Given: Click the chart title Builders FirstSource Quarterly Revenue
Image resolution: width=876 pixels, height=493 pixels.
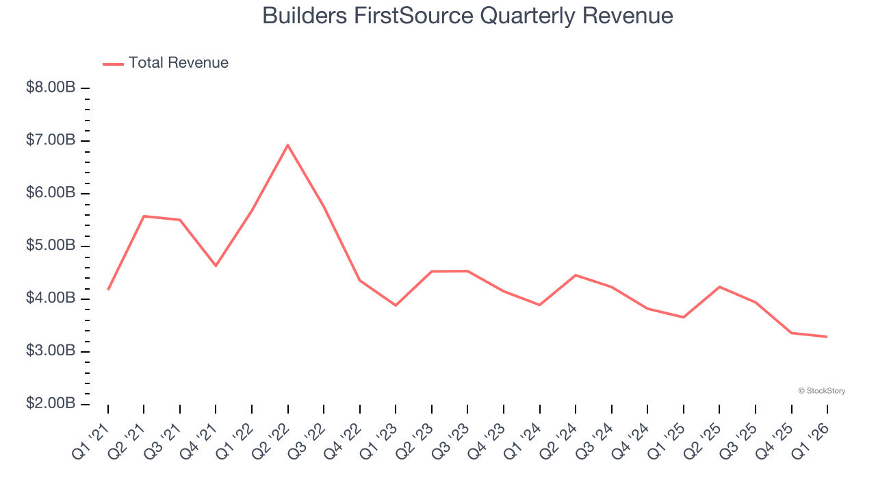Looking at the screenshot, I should [x=467, y=16].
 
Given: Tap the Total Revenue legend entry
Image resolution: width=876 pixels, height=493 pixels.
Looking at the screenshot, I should [x=166, y=63].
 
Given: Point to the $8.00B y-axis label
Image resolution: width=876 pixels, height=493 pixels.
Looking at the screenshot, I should [x=51, y=88].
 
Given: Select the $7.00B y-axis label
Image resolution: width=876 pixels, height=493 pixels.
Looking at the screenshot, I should [x=51, y=141].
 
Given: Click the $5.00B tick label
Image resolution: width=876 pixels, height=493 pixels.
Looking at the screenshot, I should [x=51, y=246].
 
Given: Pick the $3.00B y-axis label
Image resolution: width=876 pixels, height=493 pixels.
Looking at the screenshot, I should [x=51, y=351].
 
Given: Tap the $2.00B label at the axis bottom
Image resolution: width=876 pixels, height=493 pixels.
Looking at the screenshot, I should [x=51, y=404].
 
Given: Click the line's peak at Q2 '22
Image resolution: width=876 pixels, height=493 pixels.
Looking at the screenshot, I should [x=288, y=145].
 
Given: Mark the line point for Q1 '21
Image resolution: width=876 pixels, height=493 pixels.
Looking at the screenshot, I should [x=108, y=290].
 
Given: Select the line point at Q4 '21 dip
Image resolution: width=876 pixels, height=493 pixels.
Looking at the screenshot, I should [x=216, y=266].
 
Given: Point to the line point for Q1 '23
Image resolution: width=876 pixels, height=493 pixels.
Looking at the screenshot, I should [x=396, y=305].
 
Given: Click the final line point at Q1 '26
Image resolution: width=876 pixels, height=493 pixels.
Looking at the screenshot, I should [x=827, y=337].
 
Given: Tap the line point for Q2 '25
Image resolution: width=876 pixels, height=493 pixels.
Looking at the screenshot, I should [x=719, y=287].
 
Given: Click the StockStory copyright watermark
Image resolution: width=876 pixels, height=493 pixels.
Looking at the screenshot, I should [x=821, y=391].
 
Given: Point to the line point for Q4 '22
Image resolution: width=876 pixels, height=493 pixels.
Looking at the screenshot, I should [x=360, y=280].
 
